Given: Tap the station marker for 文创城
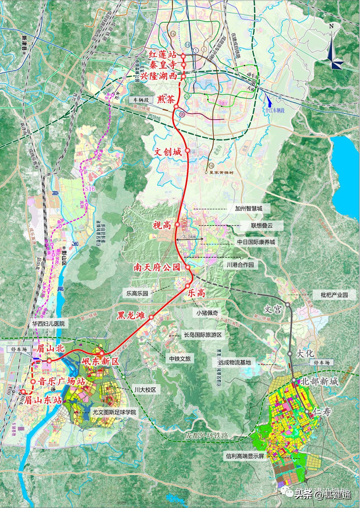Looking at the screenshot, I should (x=187, y=150).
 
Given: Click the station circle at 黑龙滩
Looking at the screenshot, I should (x=151, y=317).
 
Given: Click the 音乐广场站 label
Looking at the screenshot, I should (x=61, y=381).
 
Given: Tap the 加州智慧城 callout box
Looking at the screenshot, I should (x=249, y=209).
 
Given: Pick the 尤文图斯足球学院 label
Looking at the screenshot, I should (x=114, y=412).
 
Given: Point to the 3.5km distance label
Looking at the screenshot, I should (x=189, y=237).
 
